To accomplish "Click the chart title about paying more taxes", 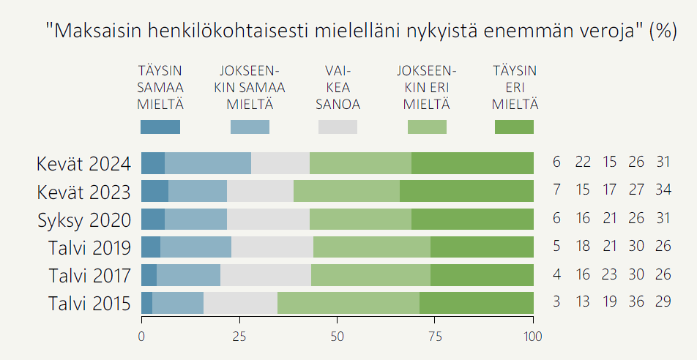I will click(x=360, y=31).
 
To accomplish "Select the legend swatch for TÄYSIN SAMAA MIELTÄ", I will click(x=160, y=127).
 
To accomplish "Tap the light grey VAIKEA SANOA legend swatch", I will click(x=338, y=127).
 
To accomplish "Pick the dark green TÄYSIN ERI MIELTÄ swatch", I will click(x=514, y=127).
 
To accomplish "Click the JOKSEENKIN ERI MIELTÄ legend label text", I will click(x=426, y=87).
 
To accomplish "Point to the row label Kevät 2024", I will click(x=83, y=163).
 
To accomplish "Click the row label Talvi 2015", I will click(x=89, y=302).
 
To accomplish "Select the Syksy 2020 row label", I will click(x=84, y=219).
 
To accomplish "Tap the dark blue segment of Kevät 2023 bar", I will click(x=154, y=191).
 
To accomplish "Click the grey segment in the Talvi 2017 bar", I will click(x=266, y=274).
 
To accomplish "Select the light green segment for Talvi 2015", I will click(x=348, y=302).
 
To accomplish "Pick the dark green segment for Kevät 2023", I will click(x=466, y=191).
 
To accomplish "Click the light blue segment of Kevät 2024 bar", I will click(x=208, y=163).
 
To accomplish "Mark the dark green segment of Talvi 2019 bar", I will click(x=482, y=247).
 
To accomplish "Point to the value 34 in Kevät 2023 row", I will click(x=663, y=191).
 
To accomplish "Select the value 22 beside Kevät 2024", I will click(x=583, y=163).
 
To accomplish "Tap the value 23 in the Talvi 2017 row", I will click(x=610, y=274).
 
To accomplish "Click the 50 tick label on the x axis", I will click(x=337, y=337).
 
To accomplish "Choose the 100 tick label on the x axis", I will click(x=533, y=337).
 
